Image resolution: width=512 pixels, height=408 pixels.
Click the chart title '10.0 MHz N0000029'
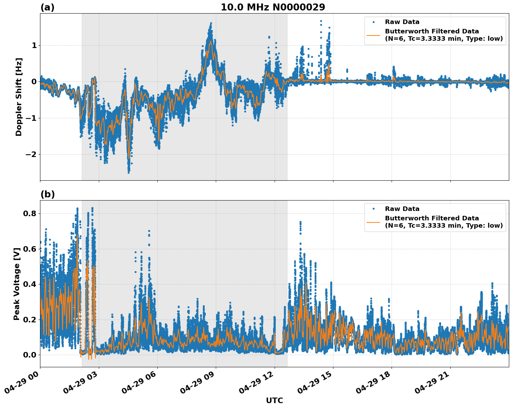(273, 7)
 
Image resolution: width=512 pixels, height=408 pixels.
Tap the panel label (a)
(47, 7)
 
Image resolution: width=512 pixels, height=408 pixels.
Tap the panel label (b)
(47, 194)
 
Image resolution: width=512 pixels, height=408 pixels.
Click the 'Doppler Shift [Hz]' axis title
(19, 97)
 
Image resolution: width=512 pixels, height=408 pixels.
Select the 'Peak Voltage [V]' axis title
(17, 284)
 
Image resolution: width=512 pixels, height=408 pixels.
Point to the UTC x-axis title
(274, 400)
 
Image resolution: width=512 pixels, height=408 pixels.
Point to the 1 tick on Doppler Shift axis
(34, 45)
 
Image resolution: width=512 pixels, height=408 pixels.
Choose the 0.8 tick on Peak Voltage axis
(29, 213)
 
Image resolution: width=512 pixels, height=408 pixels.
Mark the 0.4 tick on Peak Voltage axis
(29, 284)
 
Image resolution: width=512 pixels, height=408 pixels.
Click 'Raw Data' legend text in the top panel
(402, 22)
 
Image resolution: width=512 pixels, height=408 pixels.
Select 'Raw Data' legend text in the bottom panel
(402, 209)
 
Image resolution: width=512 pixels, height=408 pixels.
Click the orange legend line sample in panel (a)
(373, 35)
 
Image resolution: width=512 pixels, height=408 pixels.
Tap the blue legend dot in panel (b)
(373, 209)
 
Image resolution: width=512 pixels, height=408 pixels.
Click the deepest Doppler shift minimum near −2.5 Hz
(128, 172)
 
